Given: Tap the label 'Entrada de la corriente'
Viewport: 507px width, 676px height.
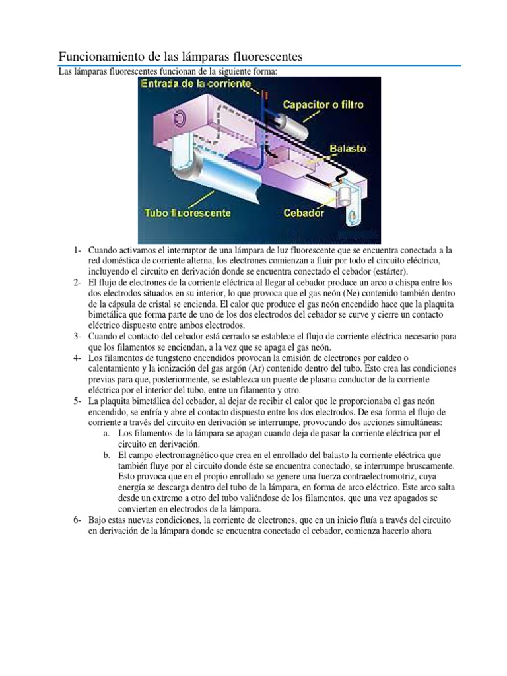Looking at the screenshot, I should [196, 84].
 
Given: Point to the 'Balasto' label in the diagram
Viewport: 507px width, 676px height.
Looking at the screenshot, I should [348, 149].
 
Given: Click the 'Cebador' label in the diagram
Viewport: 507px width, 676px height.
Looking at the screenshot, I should [304, 213].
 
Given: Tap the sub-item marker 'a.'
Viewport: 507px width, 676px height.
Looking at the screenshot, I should [107, 433].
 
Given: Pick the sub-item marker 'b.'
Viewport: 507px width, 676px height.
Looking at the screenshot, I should [107, 456].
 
